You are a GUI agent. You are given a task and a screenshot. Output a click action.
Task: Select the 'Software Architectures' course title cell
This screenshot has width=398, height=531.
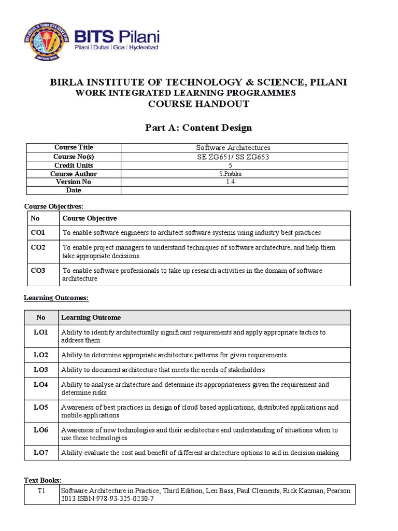click(x=233, y=148)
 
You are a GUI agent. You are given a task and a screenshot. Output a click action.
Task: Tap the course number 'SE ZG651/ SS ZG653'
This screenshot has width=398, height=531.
click(x=233, y=157)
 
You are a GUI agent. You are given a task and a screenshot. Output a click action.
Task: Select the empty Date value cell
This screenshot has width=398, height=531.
click(x=234, y=190)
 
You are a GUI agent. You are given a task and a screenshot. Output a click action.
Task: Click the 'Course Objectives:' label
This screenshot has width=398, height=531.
click(x=54, y=206)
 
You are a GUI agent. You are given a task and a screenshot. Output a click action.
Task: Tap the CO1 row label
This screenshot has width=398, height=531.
click(x=38, y=232)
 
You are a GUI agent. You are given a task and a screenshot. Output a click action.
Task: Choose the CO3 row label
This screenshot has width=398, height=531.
click(x=38, y=270)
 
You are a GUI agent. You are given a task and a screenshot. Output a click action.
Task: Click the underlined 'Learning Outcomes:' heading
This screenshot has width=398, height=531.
click(x=56, y=298)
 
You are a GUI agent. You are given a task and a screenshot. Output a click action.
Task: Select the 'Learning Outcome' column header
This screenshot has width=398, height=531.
click(x=91, y=317)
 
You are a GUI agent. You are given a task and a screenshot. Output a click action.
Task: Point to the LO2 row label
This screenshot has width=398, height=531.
click(x=41, y=355)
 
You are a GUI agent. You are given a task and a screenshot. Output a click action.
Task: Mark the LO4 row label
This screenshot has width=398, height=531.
click(x=41, y=384)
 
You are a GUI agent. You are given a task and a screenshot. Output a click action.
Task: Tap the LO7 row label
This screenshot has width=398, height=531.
click(x=41, y=452)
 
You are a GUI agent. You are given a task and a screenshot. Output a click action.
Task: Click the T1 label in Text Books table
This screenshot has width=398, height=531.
click(x=41, y=490)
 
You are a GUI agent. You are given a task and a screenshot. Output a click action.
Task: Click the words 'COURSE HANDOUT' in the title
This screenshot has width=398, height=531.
click(x=198, y=104)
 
